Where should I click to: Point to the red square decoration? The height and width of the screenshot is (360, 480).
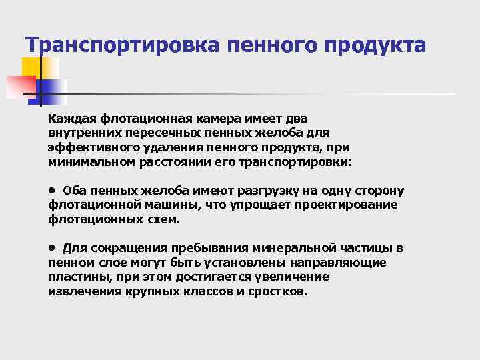pyautogui.click(x=20, y=86)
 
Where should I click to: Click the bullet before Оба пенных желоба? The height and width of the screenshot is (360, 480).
pyautogui.click(x=51, y=189)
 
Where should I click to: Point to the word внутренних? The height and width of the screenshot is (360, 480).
pyautogui.click(x=82, y=133)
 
